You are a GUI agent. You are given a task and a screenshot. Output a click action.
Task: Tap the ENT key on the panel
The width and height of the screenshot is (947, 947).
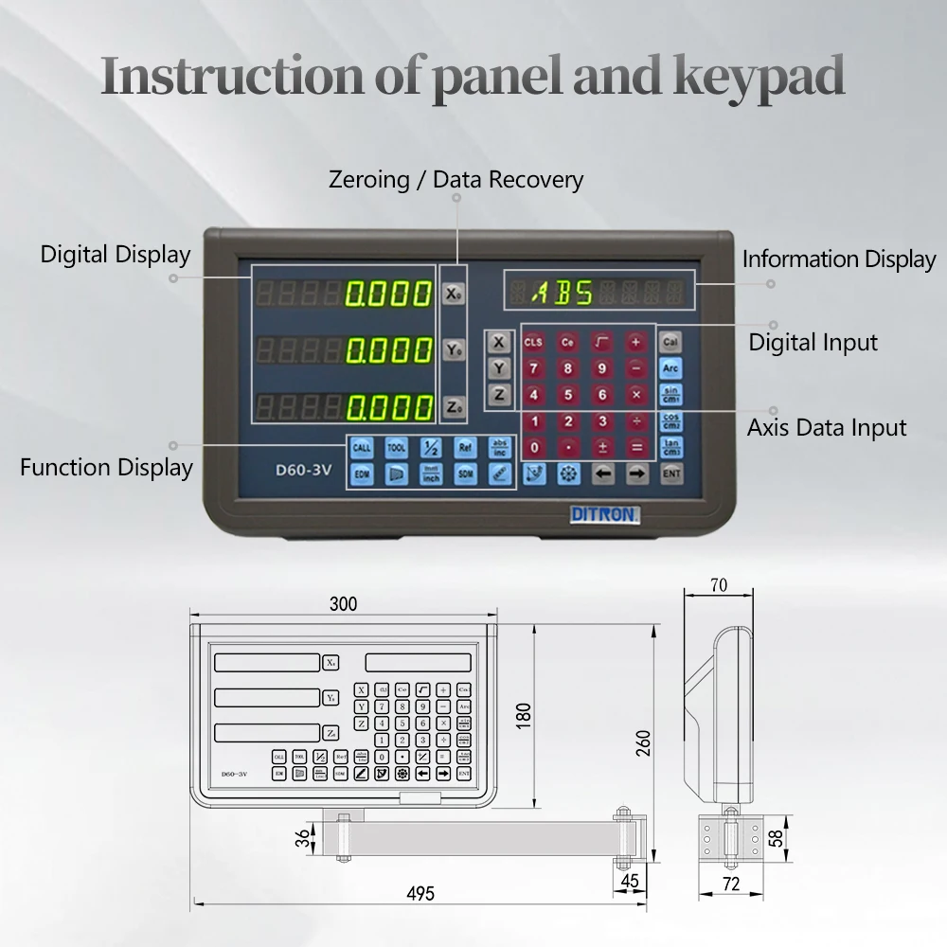tap(671, 473)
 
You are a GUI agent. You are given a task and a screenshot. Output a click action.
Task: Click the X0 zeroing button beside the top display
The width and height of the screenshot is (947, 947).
tap(454, 294)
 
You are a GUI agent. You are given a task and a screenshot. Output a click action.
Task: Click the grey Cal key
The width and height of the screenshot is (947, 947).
tap(671, 342)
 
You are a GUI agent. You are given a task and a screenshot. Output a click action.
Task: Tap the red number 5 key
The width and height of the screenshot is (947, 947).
tap(567, 395)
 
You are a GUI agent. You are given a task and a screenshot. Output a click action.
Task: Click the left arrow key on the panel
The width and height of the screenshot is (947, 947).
tap(603, 473)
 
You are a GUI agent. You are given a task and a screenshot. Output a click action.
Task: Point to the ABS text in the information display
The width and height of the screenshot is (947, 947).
tap(562, 292)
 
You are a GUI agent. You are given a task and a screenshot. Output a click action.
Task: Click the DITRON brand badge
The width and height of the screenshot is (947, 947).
tap(606, 514)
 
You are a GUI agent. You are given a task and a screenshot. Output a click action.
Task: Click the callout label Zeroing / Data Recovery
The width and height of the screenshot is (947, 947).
tap(456, 179)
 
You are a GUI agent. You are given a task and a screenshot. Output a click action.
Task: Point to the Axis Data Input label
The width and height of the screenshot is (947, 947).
tap(826, 427)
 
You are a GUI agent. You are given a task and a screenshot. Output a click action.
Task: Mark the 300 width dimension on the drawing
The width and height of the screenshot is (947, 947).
tap(343, 604)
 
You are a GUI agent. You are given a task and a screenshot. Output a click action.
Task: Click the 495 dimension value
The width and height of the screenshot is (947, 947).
tap(420, 893)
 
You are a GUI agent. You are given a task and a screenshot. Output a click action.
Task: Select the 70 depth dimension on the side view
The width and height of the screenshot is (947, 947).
tap(719, 586)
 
